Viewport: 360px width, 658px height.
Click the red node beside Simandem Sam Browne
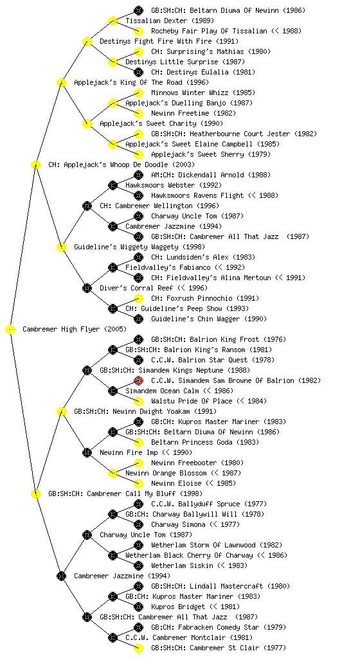click(x=138, y=380)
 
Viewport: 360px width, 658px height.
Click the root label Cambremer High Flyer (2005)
click(x=75, y=329)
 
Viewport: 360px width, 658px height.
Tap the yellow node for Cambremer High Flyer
click(x=10, y=330)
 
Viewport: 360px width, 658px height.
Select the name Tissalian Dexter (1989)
click(x=170, y=21)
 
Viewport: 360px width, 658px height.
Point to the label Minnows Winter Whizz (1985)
click(x=203, y=93)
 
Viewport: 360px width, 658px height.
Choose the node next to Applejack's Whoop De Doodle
click(x=35, y=165)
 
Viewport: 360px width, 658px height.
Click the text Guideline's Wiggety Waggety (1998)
click(x=139, y=247)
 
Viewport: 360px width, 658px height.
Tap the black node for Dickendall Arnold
click(x=138, y=175)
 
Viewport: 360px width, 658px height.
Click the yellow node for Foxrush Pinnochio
click(x=138, y=298)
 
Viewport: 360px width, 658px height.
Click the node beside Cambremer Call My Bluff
click(x=35, y=494)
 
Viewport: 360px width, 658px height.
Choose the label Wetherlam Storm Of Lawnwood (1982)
click(x=217, y=545)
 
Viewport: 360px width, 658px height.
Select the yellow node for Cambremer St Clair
click(x=138, y=648)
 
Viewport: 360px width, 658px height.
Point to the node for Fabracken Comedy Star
click(x=138, y=627)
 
